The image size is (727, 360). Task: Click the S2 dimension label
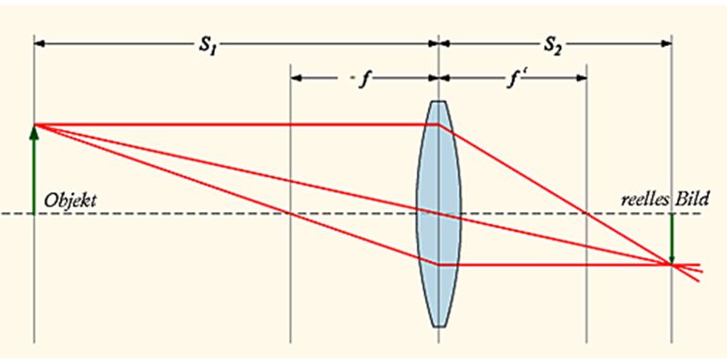click(x=554, y=44)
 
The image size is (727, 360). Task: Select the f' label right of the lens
click(x=512, y=78)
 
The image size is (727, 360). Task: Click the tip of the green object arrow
click(x=34, y=126)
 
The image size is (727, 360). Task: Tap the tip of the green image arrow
click(x=671, y=262)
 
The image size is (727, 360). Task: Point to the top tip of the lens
click(x=438, y=101)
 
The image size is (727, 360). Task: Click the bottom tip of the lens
click(x=438, y=326)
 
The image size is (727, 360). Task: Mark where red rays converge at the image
click(x=671, y=265)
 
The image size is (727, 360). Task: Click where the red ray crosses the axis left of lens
click(x=290, y=213)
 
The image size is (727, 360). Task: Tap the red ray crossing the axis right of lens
click(x=587, y=213)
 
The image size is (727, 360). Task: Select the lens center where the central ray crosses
click(x=438, y=213)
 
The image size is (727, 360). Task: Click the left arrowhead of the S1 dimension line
click(x=38, y=43)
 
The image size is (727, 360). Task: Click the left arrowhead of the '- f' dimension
click(x=295, y=78)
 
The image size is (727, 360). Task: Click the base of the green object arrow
click(x=34, y=213)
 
